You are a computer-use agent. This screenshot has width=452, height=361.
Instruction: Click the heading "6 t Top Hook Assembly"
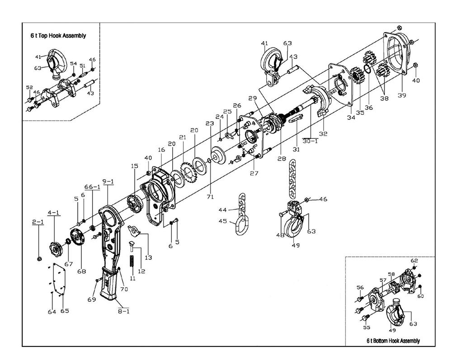point(58,35)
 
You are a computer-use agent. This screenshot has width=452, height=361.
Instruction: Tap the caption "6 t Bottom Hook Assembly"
point(393,341)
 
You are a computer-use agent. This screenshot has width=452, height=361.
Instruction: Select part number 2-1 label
point(38,222)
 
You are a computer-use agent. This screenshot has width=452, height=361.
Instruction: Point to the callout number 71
point(210,197)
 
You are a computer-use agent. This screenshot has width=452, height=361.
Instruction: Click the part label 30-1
point(311,141)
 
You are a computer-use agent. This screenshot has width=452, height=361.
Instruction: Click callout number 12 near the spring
point(141,271)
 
